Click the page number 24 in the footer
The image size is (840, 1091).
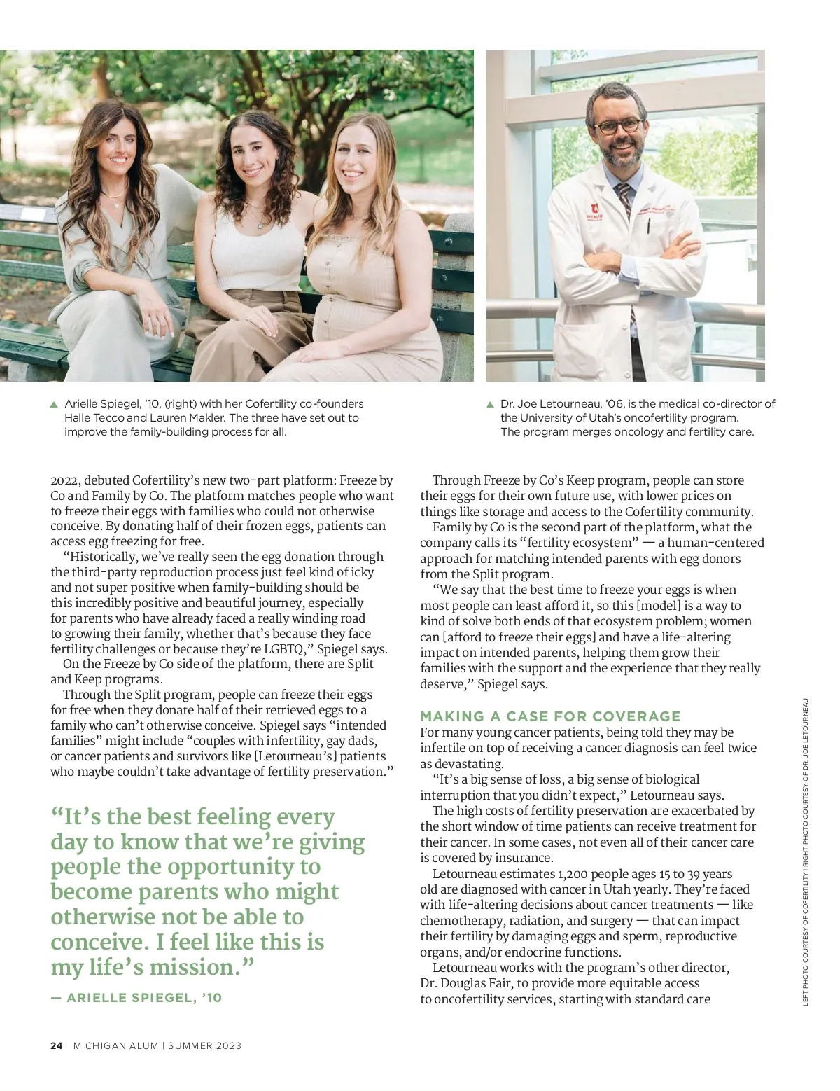tap(57, 1045)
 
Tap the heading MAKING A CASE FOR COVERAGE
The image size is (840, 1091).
tap(550, 716)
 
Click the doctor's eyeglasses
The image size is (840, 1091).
tap(617, 126)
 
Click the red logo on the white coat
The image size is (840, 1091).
tap(594, 209)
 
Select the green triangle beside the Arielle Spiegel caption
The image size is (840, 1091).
tap(54, 405)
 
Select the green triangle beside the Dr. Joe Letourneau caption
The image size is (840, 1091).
tap(490, 405)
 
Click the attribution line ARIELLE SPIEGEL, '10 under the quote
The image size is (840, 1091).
tap(136, 998)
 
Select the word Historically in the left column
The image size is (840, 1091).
tap(100, 557)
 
